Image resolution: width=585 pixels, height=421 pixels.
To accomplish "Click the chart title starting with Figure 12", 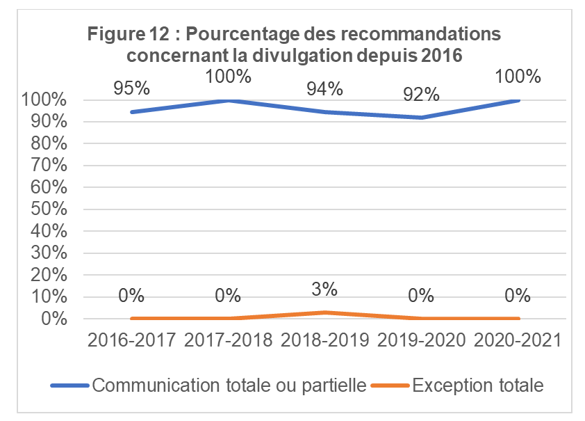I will (294, 45).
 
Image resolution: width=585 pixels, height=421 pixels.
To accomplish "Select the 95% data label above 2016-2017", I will (131, 88).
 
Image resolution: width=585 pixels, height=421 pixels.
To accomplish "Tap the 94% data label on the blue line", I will (325, 88).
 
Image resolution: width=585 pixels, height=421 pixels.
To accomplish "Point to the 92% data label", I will (422, 94).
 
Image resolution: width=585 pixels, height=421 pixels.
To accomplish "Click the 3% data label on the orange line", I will (325, 288).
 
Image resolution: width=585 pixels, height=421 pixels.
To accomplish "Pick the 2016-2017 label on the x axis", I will (131, 342).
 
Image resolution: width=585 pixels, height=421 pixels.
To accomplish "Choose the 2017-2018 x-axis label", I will (228, 342).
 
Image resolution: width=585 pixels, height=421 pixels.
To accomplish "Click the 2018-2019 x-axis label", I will (325, 342).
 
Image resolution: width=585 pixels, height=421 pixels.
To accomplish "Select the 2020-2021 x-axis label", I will (518, 342).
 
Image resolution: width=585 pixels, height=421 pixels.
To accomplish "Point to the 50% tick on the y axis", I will (49, 209).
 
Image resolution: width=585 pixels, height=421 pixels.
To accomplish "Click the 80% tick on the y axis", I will (49, 144).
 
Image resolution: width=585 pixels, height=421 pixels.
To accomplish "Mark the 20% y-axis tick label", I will (49, 276).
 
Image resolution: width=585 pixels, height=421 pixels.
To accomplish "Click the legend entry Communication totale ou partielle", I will (229, 385).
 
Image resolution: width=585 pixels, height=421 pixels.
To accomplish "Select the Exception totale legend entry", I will (477, 385).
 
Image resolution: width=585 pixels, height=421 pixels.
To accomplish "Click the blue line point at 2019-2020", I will (422, 118).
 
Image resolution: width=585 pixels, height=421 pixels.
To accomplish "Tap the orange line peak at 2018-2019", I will (325, 312).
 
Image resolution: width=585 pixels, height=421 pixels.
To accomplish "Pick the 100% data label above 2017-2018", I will (228, 76).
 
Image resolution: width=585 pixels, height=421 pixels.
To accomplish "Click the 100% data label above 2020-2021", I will (518, 76).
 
